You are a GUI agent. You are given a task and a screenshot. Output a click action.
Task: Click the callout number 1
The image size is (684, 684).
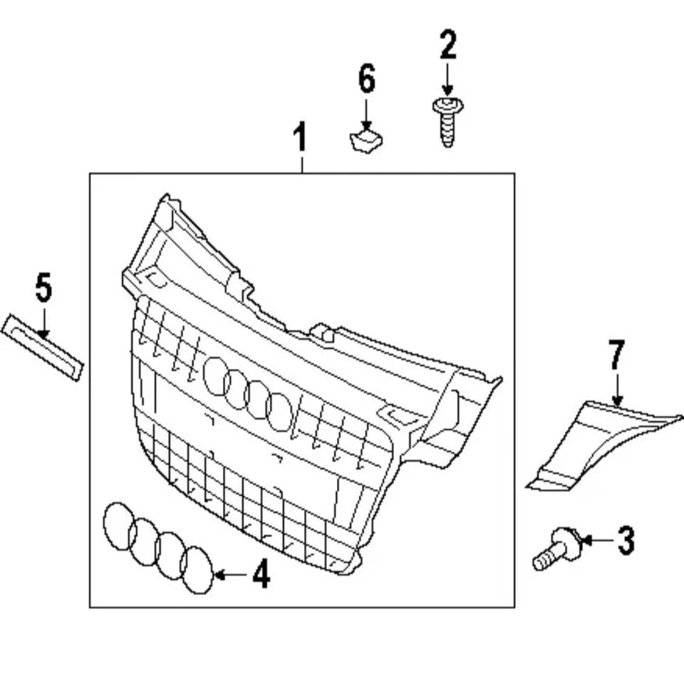[300, 137]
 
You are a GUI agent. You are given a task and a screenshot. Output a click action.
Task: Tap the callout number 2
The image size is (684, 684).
[448, 44]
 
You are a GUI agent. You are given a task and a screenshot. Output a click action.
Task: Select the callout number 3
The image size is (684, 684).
[626, 541]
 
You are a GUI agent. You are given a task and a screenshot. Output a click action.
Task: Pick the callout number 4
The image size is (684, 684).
[261, 574]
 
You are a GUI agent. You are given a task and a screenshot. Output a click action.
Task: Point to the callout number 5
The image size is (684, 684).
[43, 287]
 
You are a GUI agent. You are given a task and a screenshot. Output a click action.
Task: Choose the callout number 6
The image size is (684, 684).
[366, 79]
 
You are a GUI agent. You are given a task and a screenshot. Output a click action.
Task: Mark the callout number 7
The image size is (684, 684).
[616, 355]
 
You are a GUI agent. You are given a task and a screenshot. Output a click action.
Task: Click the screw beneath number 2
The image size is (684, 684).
[447, 122]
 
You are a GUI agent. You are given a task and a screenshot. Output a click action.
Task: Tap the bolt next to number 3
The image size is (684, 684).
[557, 549]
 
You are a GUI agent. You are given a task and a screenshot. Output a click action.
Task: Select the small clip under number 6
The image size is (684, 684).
[366, 140]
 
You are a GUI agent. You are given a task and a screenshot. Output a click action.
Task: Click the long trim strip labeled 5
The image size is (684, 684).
[42, 348]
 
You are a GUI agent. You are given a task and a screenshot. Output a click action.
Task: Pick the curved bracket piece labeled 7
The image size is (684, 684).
[602, 445]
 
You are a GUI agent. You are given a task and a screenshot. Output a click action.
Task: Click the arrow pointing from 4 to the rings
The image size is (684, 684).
[233, 575]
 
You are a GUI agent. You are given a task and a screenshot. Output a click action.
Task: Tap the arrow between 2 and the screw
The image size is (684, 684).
[447, 79]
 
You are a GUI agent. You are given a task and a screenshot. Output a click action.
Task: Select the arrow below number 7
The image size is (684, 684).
[617, 389]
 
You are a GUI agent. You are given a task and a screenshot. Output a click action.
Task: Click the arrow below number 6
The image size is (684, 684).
[366, 114]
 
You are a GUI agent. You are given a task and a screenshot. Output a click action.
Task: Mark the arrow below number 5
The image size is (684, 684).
[43, 323]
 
